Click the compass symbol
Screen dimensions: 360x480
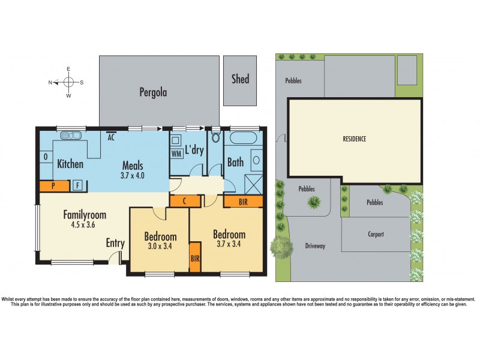click(x=68, y=82)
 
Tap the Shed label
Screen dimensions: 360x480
click(x=240, y=79)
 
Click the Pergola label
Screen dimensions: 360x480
click(x=153, y=92)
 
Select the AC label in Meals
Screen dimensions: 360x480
click(x=111, y=137)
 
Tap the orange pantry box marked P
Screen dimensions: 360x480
click(x=54, y=186)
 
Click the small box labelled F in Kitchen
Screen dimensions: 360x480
click(x=78, y=185)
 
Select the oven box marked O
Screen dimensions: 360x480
click(x=46, y=157)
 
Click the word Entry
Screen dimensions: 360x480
click(x=116, y=243)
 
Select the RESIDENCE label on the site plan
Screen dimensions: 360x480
click(x=355, y=139)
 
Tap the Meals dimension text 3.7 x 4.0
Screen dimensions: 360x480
click(x=133, y=175)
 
